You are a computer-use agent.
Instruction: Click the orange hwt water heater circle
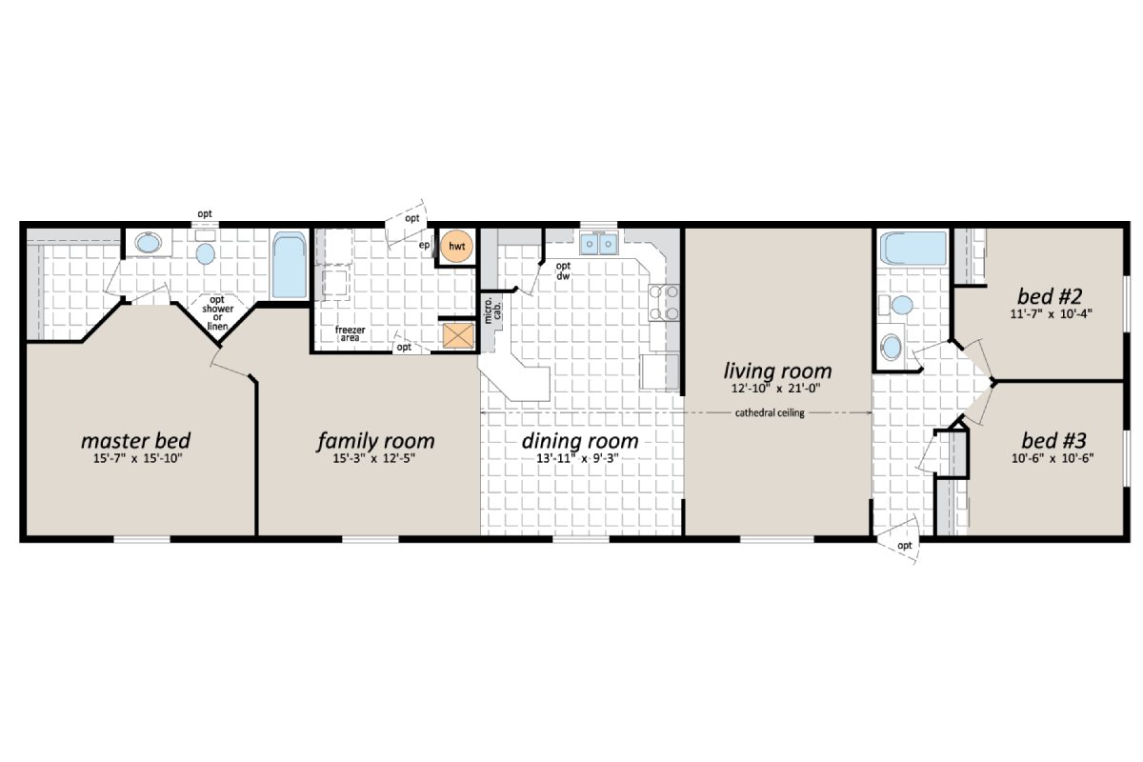tap(457, 248)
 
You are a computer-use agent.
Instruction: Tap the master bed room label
tap(135, 441)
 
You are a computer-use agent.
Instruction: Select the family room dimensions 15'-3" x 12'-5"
tap(375, 459)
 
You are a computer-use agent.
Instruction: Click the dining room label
tap(580, 441)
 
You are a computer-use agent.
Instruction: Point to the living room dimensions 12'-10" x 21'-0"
tap(778, 389)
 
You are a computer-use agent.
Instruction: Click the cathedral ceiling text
tap(771, 412)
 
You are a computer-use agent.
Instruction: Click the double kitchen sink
tap(600, 246)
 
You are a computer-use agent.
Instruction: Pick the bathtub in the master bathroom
tap(287, 265)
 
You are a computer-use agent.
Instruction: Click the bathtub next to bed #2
tap(912, 251)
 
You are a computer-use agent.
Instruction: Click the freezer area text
tap(351, 333)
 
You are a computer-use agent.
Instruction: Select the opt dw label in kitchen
tap(563, 271)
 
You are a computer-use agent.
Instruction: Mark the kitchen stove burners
tap(664, 302)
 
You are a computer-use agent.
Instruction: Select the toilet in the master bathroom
tap(206, 253)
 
